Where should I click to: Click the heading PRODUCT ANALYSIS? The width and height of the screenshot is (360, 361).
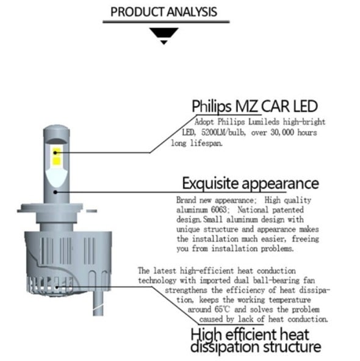tap(164, 12)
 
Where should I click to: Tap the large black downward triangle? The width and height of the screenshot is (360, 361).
tap(164, 32)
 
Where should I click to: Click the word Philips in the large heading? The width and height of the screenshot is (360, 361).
tap(212, 107)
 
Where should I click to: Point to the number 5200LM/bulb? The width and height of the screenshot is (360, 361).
tap(224, 132)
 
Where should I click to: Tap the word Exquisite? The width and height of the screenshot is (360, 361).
tap(211, 184)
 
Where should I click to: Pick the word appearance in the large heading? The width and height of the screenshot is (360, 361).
tap(281, 184)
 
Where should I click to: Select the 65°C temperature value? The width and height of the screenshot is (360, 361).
tap(222, 309)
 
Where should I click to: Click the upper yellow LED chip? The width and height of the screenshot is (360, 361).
tap(56, 152)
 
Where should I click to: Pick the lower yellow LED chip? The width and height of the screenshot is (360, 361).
tap(56, 161)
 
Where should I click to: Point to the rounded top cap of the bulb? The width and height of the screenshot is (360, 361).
tap(56, 130)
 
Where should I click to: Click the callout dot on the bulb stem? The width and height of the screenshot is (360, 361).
tap(56, 192)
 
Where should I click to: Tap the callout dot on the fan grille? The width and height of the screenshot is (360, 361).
tap(57, 287)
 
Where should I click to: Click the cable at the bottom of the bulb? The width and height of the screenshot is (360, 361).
tap(98, 302)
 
